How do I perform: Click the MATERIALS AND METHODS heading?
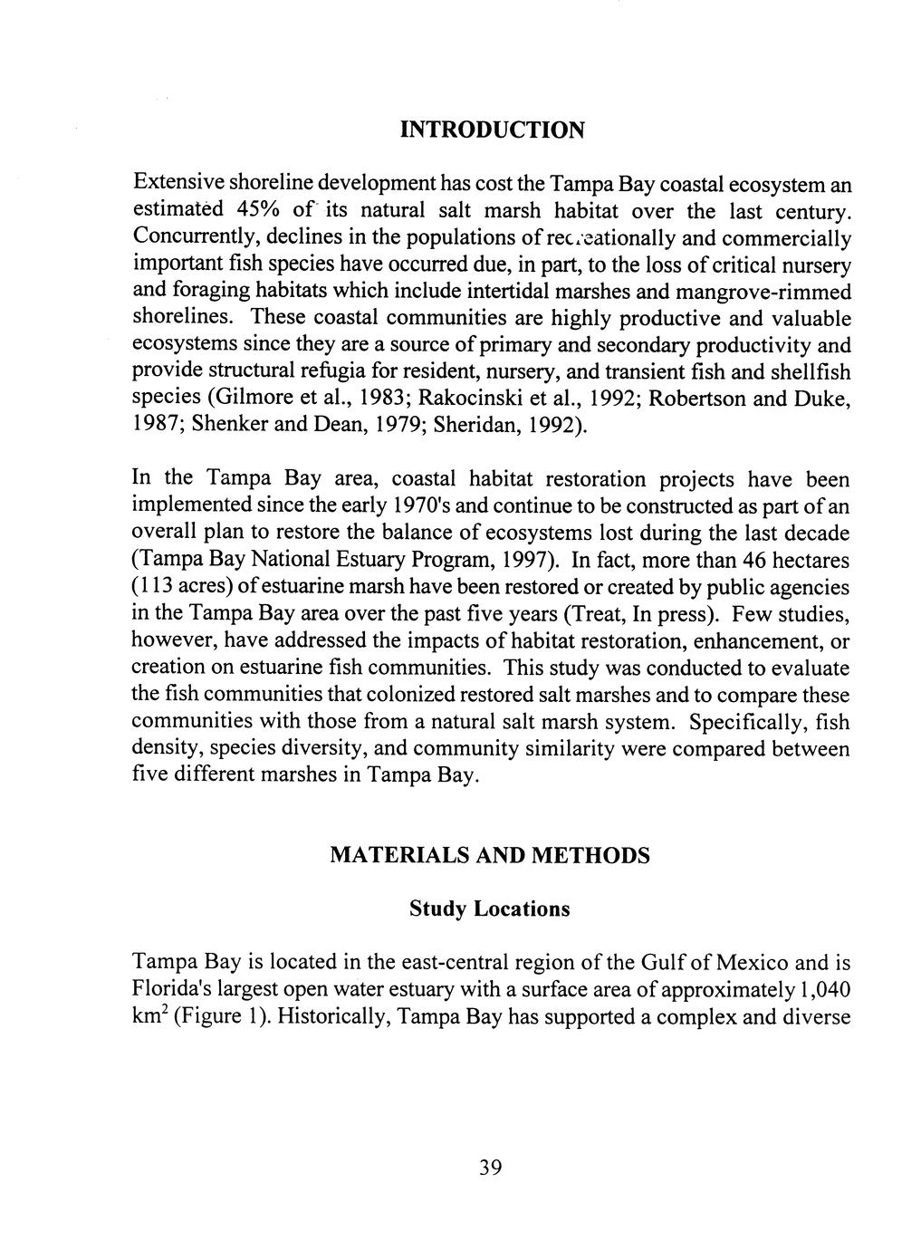(489, 855)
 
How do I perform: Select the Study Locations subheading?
(489, 908)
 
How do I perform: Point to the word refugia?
(334, 372)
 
